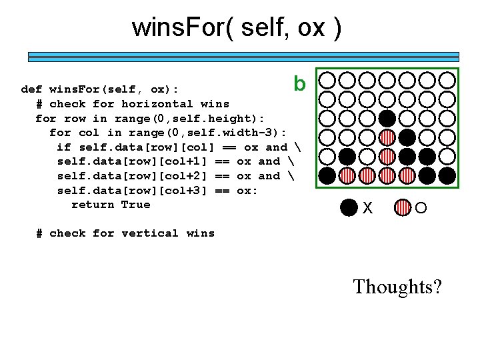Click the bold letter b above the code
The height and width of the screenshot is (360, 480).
pos(300,84)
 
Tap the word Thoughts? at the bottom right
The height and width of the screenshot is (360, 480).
pos(397,287)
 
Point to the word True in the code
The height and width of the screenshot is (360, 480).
pos(136,205)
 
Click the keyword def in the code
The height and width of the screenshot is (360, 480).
pos(32,89)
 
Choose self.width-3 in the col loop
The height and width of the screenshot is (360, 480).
pos(240,133)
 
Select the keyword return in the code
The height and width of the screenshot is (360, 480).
pos(93,205)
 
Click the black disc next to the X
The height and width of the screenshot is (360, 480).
pos(348,207)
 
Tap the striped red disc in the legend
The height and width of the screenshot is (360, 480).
pos(403,207)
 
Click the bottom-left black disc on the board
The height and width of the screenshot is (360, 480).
pos(327,176)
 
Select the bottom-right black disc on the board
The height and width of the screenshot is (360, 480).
pos(447,176)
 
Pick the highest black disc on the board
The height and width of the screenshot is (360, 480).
pos(387,119)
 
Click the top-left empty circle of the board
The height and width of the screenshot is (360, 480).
pos(327,81)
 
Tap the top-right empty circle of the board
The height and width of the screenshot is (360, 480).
pos(447,81)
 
